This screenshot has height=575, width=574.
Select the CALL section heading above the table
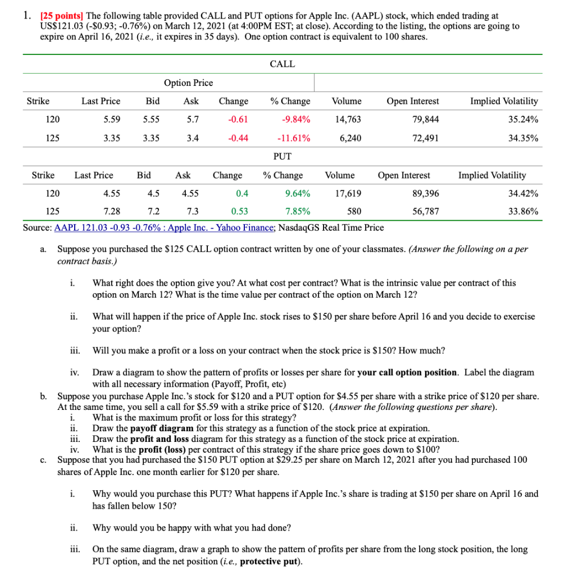[282, 64]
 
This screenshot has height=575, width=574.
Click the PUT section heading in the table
[282, 156]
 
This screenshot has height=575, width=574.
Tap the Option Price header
[188, 83]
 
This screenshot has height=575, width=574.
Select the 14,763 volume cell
[348, 119]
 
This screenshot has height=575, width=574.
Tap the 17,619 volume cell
[348, 193]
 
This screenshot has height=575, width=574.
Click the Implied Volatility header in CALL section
[504, 101]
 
